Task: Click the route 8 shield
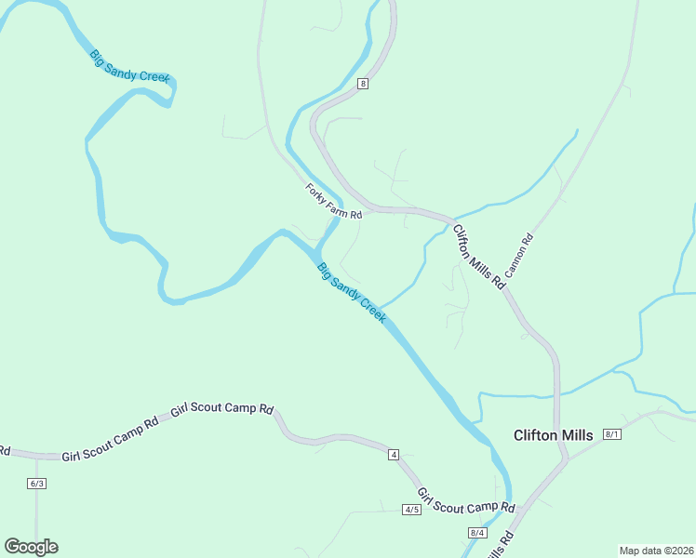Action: coord(363,84)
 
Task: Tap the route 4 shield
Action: coord(394,454)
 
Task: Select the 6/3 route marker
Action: coord(36,484)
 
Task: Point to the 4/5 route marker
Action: coord(412,510)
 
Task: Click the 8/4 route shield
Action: coord(477,532)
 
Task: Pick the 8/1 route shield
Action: coord(611,434)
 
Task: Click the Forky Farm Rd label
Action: coord(333,201)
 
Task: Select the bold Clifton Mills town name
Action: coord(555,434)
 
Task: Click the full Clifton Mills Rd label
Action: coord(478,255)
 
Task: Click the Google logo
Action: coord(31,547)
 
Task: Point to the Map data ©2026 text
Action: coord(656,551)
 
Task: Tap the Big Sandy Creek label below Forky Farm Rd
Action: coord(351,292)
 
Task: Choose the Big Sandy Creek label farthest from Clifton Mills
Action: coord(130,67)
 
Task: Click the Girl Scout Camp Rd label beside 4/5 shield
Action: coord(465,501)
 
